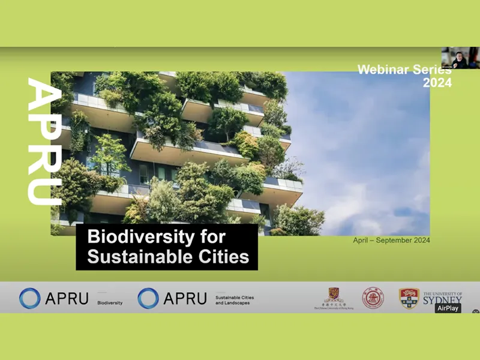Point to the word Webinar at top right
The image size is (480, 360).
(x=384, y=70)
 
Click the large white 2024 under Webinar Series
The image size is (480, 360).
(x=437, y=83)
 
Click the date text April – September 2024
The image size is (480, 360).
(x=391, y=241)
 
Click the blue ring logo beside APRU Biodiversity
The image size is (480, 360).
(x=29, y=298)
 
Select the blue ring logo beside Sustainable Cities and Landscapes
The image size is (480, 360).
(x=148, y=298)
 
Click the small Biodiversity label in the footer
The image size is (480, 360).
(x=110, y=303)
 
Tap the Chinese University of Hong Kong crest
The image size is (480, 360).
(x=334, y=296)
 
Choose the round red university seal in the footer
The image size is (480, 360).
(x=373, y=298)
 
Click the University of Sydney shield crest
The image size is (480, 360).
(x=409, y=298)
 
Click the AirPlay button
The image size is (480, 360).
(x=448, y=308)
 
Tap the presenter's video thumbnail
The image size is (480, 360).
(x=460, y=58)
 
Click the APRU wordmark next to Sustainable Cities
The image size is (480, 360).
(x=185, y=298)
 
